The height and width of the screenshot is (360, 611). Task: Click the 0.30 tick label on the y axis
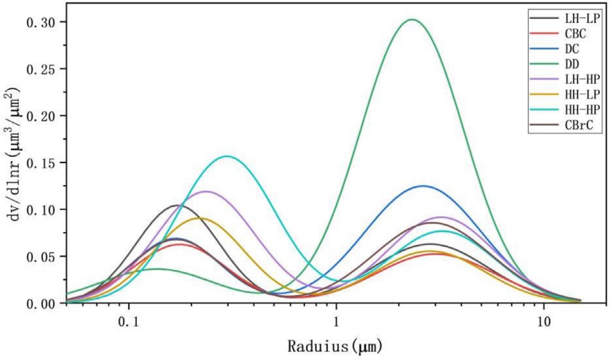pos(44,22)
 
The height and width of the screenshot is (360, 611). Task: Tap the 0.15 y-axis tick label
pos(44,163)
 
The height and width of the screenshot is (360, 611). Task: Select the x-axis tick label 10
pos(544,321)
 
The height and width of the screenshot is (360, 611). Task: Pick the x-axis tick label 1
pos(337,321)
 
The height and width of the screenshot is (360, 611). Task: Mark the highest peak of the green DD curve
pos(412,20)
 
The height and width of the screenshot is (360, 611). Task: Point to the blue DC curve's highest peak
pos(423,186)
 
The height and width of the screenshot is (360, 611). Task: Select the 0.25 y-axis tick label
pos(44,69)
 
